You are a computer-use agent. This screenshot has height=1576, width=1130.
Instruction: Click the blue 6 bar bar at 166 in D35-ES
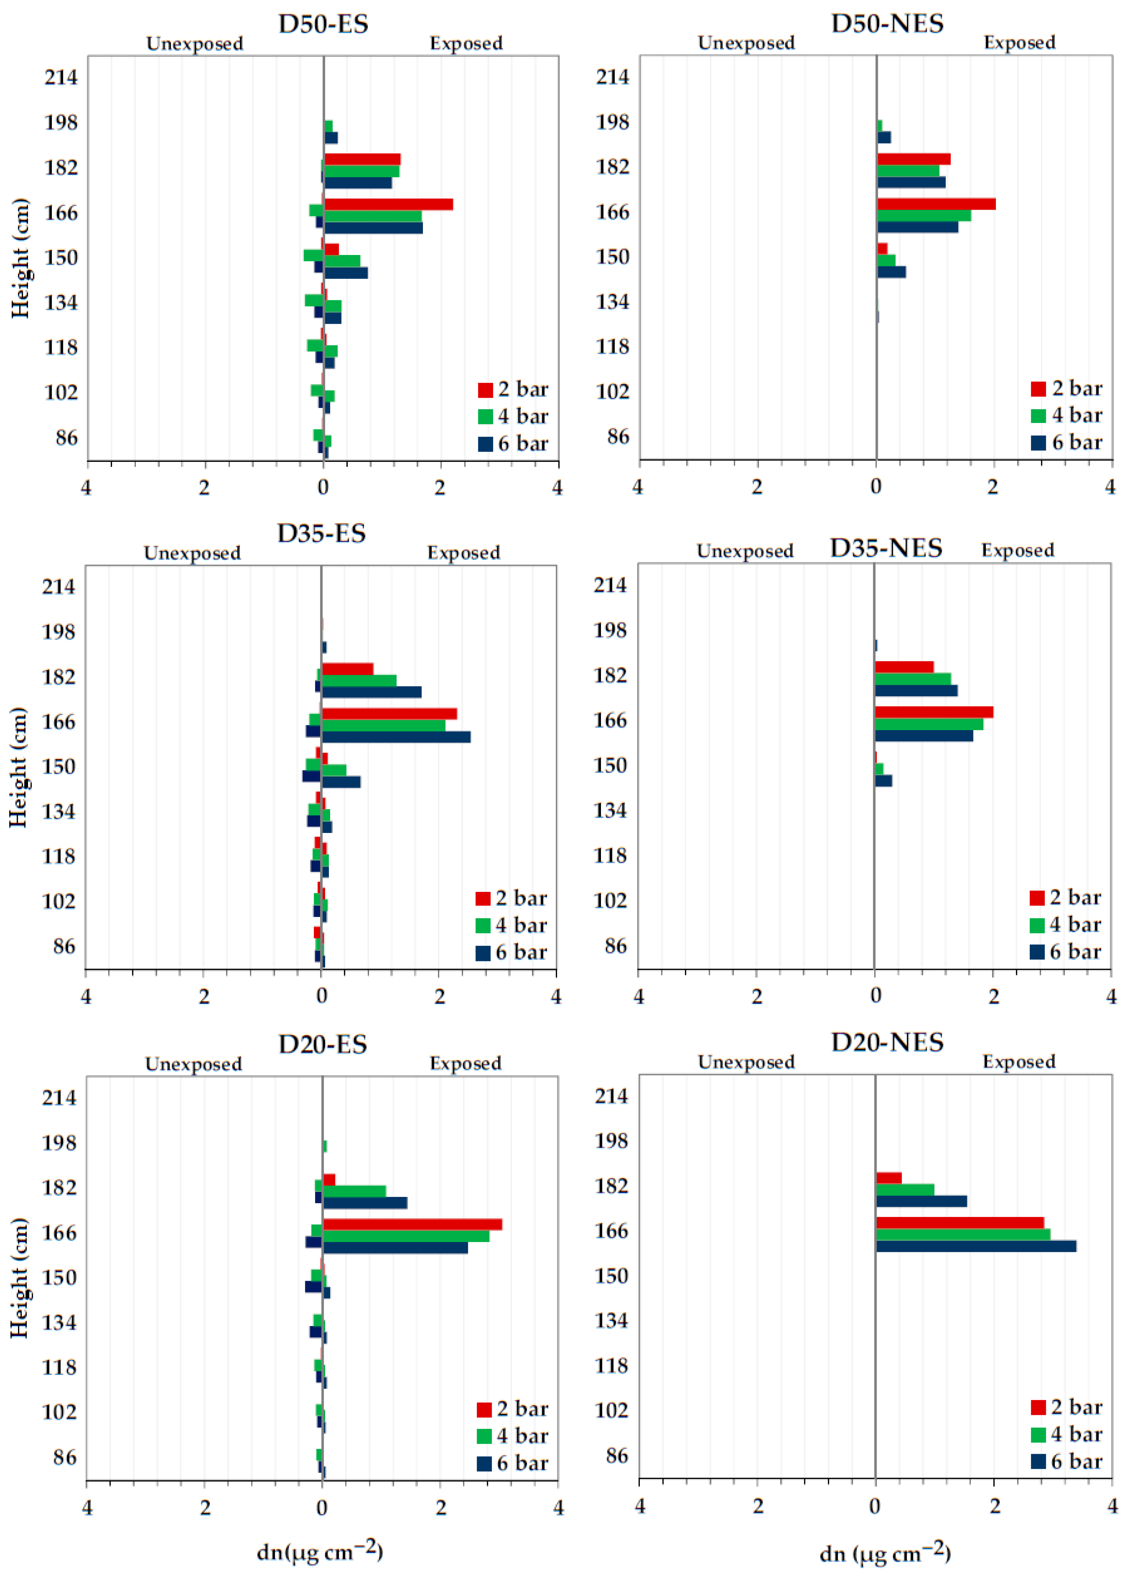click(396, 737)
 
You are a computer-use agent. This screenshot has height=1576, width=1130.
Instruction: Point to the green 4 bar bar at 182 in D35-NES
click(912, 679)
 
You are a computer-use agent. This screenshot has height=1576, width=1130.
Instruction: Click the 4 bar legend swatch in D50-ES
click(485, 416)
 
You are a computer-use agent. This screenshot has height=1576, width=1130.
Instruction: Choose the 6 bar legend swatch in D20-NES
click(1038, 1461)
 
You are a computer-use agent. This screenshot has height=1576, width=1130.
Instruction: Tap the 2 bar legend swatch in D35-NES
click(1037, 898)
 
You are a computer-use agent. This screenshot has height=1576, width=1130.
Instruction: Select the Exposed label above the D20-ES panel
click(465, 1064)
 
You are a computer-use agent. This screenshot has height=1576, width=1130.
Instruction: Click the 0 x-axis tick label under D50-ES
click(323, 487)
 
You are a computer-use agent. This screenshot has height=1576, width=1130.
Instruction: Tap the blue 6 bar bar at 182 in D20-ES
click(365, 1203)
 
